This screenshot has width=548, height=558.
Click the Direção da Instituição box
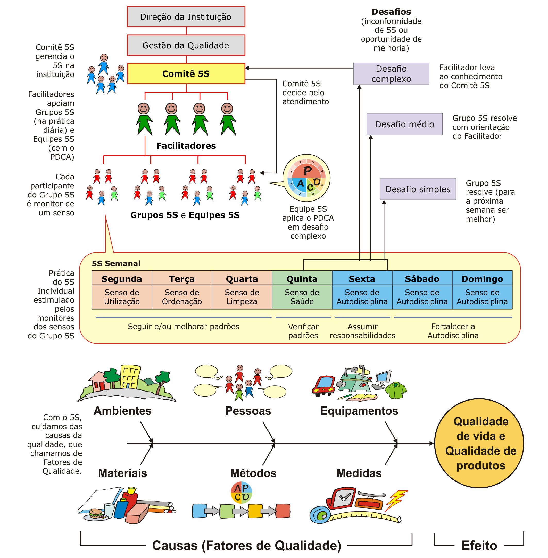point(186,17)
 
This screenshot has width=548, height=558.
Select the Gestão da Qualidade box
point(186,45)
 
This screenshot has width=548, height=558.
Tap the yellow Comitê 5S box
point(186,74)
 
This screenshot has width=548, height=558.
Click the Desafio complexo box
point(391,74)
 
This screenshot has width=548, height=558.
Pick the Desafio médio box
point(404,124)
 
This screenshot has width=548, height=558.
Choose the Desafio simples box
point(417,189)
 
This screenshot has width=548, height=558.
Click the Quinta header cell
point(302,278)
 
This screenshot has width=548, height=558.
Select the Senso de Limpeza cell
point(242,297)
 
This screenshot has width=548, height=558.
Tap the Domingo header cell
point(482,278)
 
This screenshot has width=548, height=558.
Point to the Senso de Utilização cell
point(122,297)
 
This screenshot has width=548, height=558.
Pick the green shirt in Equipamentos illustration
point(396,390)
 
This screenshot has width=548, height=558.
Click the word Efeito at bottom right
point(479,545)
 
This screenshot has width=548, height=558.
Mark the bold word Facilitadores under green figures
point(186,146)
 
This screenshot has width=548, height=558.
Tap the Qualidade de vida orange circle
point(479,443)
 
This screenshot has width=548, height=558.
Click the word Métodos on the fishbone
point(253,473)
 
